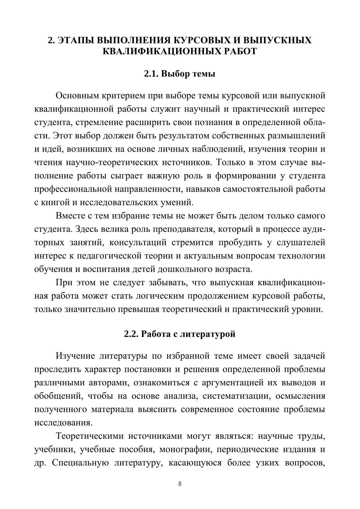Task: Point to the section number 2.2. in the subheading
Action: pyautogui.click(x=132, y=334)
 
